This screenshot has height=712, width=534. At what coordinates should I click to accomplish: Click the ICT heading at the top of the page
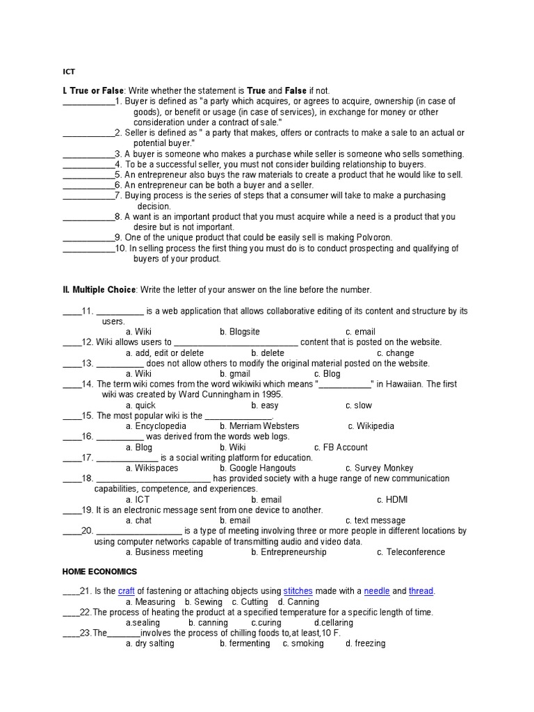click(x=69, y=71)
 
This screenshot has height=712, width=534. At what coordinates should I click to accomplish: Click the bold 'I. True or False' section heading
click(x=93, y=91)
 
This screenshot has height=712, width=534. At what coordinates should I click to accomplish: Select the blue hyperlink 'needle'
click(x=377, y=591)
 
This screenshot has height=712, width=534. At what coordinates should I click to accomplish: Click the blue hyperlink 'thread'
click(x=421, y=591)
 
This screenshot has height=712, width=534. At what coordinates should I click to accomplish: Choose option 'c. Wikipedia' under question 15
click(x=371, y=426)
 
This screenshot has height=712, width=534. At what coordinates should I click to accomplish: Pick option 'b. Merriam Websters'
click(x=259, y=426)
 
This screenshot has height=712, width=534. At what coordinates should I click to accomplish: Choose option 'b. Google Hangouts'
click(x=257, y=468)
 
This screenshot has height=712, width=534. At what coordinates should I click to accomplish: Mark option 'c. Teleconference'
click(x=411, y=552)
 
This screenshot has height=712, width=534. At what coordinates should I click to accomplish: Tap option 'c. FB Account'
click(x=341, y=447)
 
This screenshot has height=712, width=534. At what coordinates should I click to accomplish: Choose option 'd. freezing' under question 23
click(x=365, y=643)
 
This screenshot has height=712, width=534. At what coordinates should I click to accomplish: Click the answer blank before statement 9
click(x=88, y=238)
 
